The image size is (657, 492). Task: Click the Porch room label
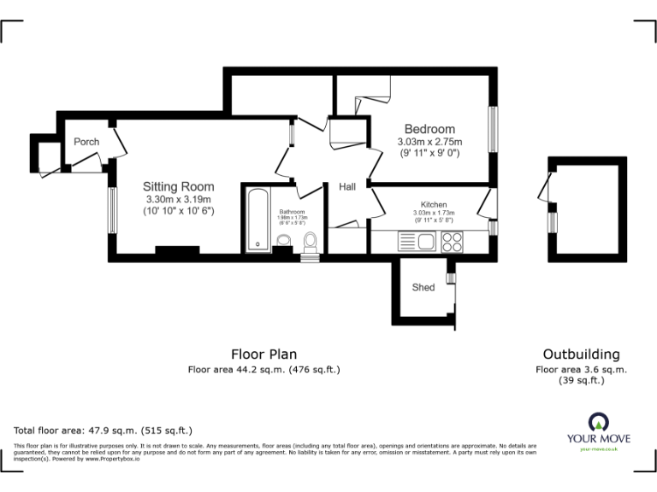86,142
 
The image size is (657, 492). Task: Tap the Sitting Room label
178,186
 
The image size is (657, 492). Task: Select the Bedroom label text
429,130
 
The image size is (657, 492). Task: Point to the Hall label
346,187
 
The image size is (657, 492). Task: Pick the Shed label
423,287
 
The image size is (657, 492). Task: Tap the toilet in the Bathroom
310,241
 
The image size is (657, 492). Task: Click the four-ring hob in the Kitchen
452,242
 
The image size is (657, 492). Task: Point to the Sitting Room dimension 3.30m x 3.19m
178,200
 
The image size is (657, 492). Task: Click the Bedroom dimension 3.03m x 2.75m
429,142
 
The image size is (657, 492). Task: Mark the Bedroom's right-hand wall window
492,130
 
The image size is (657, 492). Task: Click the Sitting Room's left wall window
111,209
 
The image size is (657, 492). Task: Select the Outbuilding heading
581,354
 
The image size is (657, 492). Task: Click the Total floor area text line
104,430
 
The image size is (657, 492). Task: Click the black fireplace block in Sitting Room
178,250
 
